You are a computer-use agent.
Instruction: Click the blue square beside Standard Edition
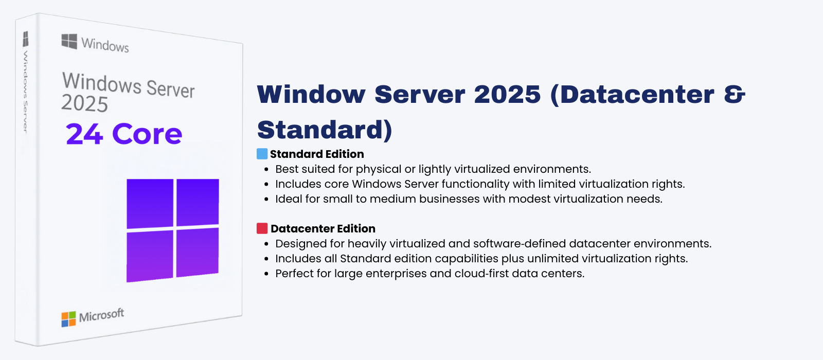click(x=262, y=154)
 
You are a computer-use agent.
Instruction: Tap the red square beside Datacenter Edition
click(x=262, y=228)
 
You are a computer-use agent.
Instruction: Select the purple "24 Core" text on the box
click(x=124, y=134)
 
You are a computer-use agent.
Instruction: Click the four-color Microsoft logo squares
click(x=69, y=319)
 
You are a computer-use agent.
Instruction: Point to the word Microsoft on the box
click(x=101, y=315)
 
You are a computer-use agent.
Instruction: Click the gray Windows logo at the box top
click(x=69, y=42)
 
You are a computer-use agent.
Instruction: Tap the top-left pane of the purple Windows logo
click(x=150, y=204)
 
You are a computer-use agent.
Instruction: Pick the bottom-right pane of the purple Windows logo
click(x=198, y=253)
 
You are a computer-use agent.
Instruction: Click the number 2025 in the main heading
click(x=507, y=95)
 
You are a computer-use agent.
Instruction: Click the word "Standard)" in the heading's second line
click(x=325, y=130)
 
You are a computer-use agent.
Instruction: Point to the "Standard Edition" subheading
click(x=317, y=154)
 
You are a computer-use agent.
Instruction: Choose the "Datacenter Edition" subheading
click(x=323, y=228)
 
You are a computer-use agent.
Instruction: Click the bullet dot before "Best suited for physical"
click(x=267, y=170)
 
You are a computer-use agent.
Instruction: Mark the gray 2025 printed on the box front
click(x=84, y=103)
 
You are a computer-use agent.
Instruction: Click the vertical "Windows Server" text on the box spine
click(x=25, y=92)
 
